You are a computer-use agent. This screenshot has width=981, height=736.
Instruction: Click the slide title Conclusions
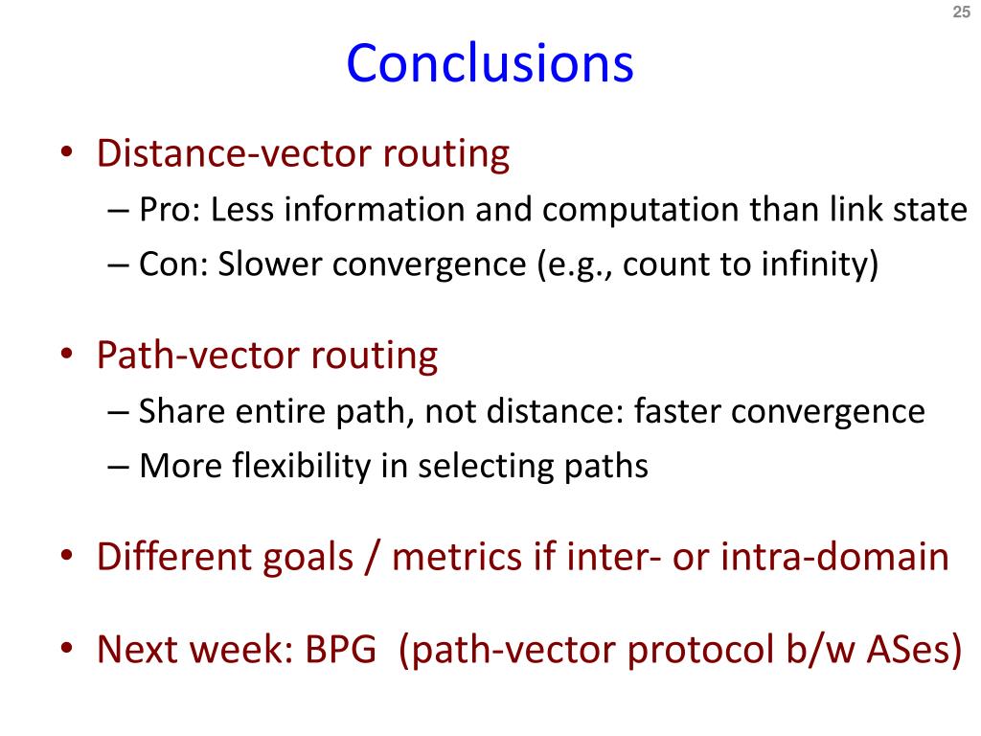pyautogui.click(x=490, y=63)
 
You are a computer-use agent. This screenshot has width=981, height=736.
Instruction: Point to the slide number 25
pyautogui.click(x=960, y=11)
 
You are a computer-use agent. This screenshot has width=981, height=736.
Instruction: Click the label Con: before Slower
pyautogui.click(x=173, y=264)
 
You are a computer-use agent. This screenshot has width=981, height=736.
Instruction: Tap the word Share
pyautogui.click(x=181, y=412)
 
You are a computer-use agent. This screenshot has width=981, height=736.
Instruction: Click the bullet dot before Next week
pyautogui.click(x=66, y=650)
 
